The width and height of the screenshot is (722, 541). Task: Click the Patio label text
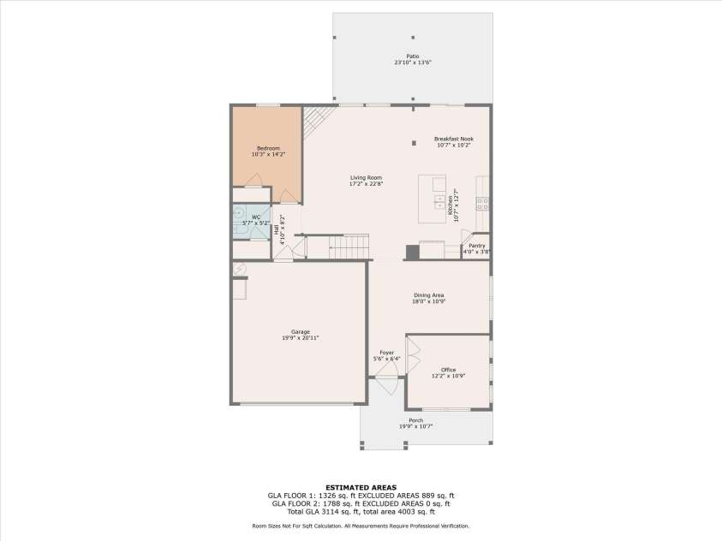coord(413,56)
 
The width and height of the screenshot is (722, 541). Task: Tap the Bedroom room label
coord(266,148)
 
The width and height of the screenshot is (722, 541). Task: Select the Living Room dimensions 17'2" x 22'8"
coord(366,184)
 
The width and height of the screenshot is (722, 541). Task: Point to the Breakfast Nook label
coord(453,139)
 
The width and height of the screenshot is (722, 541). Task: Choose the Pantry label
coord(476,246)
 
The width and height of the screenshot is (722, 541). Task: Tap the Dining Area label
coord(428,295)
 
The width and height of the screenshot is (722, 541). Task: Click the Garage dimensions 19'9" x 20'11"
coord(300,338)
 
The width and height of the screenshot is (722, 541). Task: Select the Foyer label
coord(386,353)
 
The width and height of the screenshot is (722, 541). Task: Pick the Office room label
coord(449,370)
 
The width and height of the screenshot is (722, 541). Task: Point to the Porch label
coord(415,420)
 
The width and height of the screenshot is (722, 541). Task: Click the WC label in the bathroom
coord(255,217)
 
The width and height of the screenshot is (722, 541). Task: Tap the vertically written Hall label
coord(276,229)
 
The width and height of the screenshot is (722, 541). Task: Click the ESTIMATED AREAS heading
coord(360,487)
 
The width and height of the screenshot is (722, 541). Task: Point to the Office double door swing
coord(414,348)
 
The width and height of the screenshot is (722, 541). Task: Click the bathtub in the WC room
coord(239,222)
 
